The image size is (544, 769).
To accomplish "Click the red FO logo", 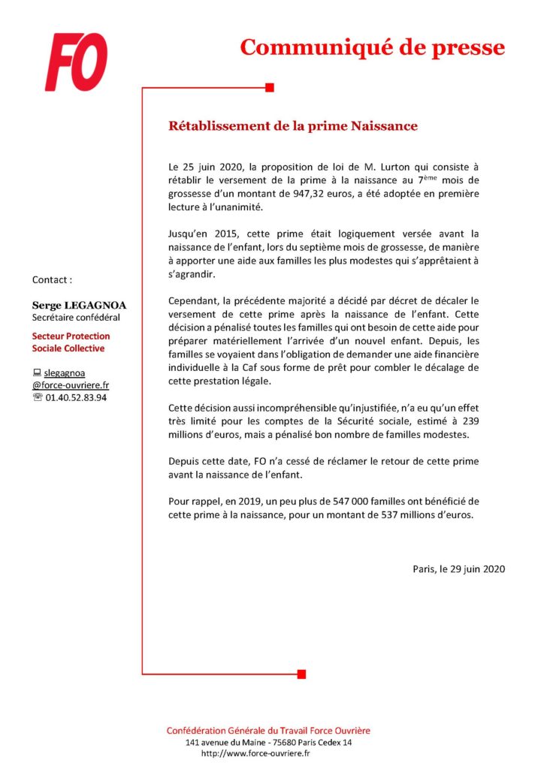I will click(x=76, y=62).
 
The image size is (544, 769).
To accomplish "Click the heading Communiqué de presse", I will click(x=372, y=47).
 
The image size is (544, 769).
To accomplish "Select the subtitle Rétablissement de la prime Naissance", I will click(x=292, y=125).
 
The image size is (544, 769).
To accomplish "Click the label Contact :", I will click(x=52, y=279).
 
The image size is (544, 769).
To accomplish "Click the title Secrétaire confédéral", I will click(x=76, y=317).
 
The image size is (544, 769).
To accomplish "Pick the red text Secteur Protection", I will click(x=71, y=336).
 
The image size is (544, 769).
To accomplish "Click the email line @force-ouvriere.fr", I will click(x=71, y=384).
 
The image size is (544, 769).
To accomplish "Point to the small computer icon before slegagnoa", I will click(x=37, y=372).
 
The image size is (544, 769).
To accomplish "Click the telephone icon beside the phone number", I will click(x=37, y=397).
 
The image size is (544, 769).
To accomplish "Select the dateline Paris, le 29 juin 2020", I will click(x=458, y=568).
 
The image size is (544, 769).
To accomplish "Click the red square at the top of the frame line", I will click(x=270, y=88).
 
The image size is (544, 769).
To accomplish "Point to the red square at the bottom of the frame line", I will click(x=301, y=674).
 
